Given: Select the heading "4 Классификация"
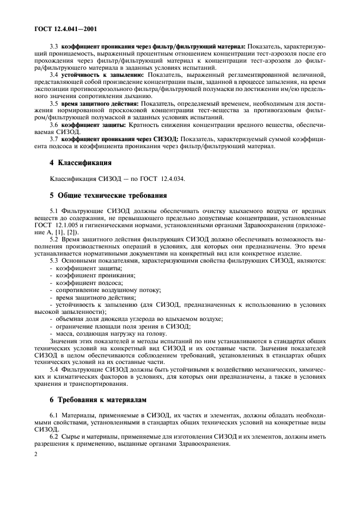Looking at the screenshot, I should click(x=81, y=162).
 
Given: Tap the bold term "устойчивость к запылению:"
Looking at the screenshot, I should click(x=103, y=89).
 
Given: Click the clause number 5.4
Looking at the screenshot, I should click(x=55, y=369).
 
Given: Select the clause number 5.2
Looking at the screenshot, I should click(x=55, y=239).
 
